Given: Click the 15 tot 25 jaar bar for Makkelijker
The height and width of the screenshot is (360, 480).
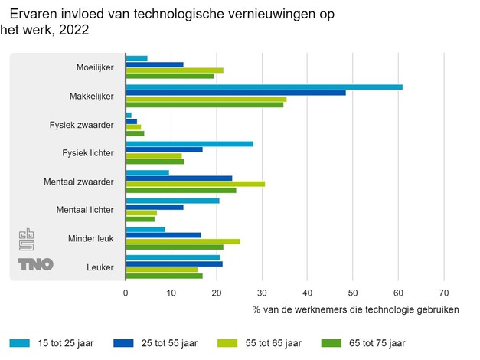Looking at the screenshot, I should pyautogui.click(x=264, y=87).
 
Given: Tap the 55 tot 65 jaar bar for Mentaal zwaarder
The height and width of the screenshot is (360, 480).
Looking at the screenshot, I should pyautogui.click(x=195, y=184).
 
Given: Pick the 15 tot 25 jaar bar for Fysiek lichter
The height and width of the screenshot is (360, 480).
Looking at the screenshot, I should pyautogui.click(x=189, y=143).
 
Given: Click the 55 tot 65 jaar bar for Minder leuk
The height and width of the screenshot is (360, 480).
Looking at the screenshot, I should pyautogui.click(x=183, y=241).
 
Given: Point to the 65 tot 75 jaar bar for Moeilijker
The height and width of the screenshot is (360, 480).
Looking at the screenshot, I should pyautogui.click(x=170, y=76).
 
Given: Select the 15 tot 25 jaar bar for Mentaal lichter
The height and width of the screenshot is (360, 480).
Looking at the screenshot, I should pyautogui.click(x=172, y=201).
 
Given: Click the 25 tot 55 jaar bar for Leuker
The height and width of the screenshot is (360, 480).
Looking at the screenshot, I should pyautogui.click(x=174, y=264).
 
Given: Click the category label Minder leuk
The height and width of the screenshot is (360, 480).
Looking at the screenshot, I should pyautogui.click(x=90, y=238).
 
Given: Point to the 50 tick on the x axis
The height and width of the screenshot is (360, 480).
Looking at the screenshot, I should pyautogui.click(x=353, y=292).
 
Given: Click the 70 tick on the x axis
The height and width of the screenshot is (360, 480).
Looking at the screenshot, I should pyautogui.click(x=443, y=292).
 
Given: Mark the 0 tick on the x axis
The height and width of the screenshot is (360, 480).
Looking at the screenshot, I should pyautogui.click(x=126, y=292).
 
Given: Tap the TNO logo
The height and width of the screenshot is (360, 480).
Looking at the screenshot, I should pyautogui.click(x=36, y=264).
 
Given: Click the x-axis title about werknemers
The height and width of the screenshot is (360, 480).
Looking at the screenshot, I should pyautogui.click(x=355, y=309).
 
